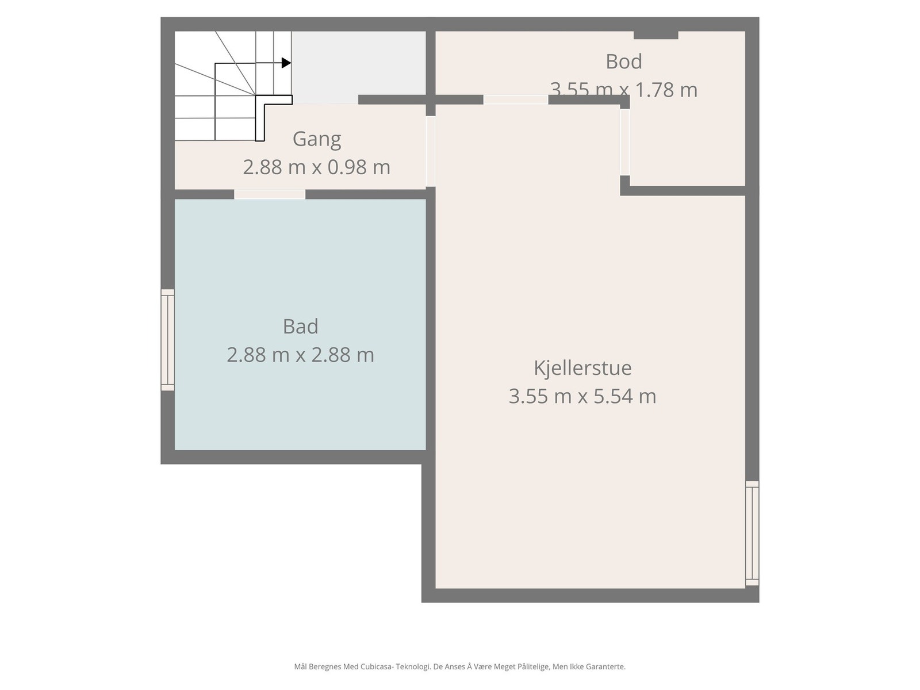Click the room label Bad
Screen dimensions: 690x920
[x=300, y=327]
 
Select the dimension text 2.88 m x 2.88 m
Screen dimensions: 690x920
[x=300, y=355]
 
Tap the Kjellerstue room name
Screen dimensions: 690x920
[x=582, y=368]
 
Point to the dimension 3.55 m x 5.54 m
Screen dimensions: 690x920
[x=582, y=396]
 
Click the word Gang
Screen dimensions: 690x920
[x=316, y=139]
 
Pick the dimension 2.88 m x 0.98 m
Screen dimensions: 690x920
[x=316, y=167]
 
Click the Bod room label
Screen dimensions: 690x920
[x=624, y=62]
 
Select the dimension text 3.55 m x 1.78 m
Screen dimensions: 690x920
[x=624, y=90]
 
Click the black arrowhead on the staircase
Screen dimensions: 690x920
[x=286, y=63]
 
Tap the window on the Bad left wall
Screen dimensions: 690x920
[x=167, y=340]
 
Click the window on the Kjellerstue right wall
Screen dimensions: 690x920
[x=752, y=533]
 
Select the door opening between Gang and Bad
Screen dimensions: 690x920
[x=270, y=194]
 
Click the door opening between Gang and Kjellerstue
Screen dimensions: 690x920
[x=430, y=151]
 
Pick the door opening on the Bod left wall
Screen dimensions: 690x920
[x=625, y=142]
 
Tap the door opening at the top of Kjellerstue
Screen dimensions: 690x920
[x=515, y=100]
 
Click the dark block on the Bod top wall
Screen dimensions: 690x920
[x=655, y=35]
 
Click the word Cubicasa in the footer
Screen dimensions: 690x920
[x=376, y=667]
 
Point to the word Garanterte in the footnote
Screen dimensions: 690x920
[x=607, y=667]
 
